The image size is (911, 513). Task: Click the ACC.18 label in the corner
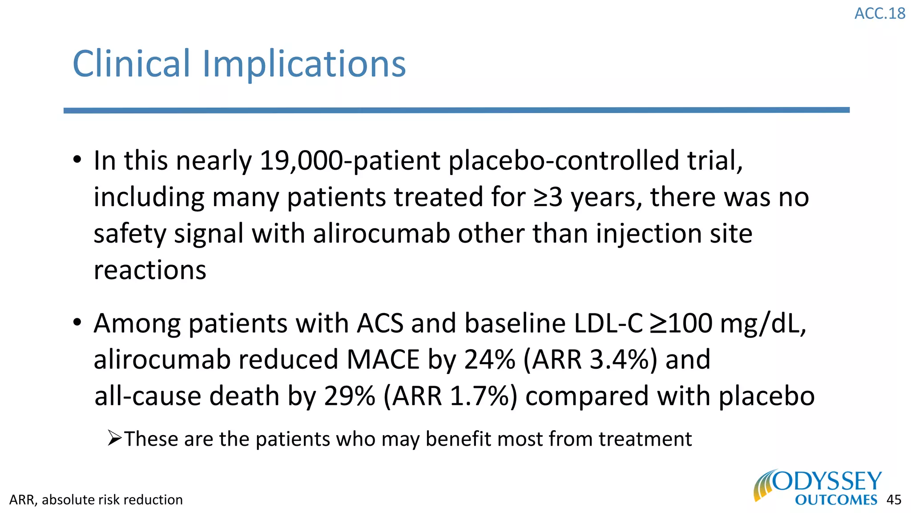click(x=879, y=13)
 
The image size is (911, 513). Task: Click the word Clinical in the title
click(x=131, y=64)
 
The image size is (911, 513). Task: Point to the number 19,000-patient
click(x=350, y=161)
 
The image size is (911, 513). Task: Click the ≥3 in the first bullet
click(x=548, y=197)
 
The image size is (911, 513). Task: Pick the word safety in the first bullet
click(x=129, y=235)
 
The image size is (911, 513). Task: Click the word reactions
click(x=150, y=270)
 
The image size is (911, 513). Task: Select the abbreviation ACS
click(x=380, y=323)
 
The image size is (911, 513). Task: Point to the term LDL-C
click(x=608, y=323)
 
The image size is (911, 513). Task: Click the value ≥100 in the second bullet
click(x=681, y=323)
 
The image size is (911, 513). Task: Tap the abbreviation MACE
click(x=383, y=360)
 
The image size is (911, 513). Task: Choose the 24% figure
click(x=489, y=360)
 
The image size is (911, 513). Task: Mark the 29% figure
click(x=349, y=396)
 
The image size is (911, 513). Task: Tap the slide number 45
click(x=894, y=500)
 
